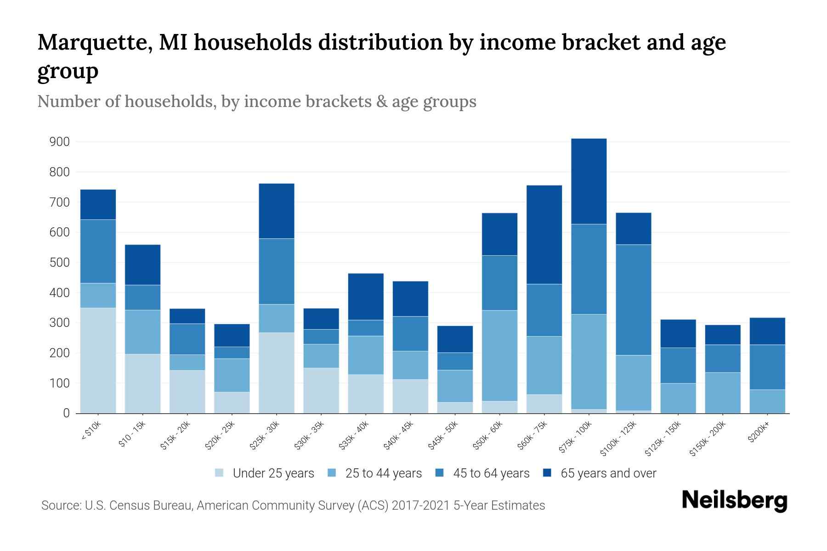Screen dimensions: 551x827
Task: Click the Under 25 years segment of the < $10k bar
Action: click(98, 360)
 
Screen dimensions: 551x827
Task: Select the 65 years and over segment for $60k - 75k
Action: click(544, 235)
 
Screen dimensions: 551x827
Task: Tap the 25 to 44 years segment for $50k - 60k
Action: click(499, 356)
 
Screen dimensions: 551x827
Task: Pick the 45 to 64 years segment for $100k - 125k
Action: click(633, 300)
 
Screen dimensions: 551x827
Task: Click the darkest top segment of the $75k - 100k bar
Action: click(589, 181)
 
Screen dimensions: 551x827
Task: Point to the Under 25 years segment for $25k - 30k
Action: click(277, 373)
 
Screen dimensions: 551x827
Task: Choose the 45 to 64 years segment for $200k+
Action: click(767, 367)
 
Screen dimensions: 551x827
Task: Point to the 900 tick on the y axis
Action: click(59, 142)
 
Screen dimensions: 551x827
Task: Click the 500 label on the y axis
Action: click(59, 263)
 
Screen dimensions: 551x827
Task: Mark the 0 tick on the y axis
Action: click(66, 413)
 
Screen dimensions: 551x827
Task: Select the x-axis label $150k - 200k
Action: click(708, 439)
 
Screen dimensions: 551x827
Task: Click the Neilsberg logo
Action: click(734, 500)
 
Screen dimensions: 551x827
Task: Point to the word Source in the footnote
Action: click(60, 506)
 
